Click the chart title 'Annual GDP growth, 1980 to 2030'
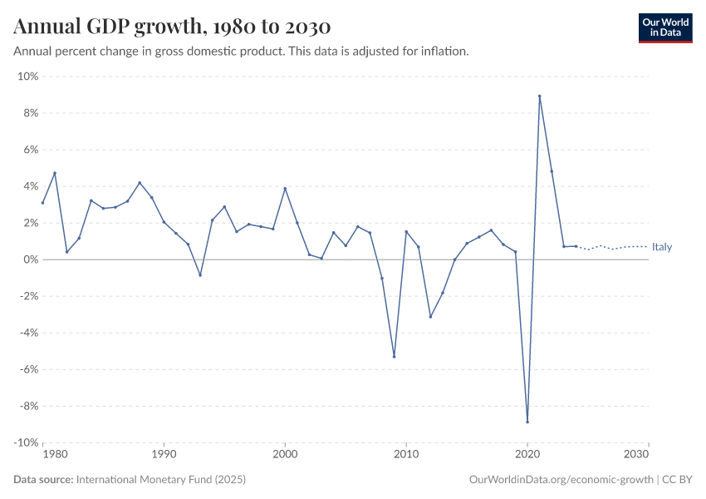[172, 27]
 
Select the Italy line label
[662, 247]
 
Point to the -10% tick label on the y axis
[26, 443]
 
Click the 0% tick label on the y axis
[30, 260]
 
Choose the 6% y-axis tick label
[30, 150]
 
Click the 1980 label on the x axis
[54, 455]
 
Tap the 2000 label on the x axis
[285, 455]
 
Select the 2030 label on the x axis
[636, 455]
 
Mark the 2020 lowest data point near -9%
[527, 422]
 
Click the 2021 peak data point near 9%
[540, 96]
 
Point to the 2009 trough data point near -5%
[394, 357]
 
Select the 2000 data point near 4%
[285, 188]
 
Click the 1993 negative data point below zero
[200, 274]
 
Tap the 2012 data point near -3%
[430, 317]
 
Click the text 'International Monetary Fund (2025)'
[160, 480]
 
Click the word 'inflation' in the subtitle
[445, 52]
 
